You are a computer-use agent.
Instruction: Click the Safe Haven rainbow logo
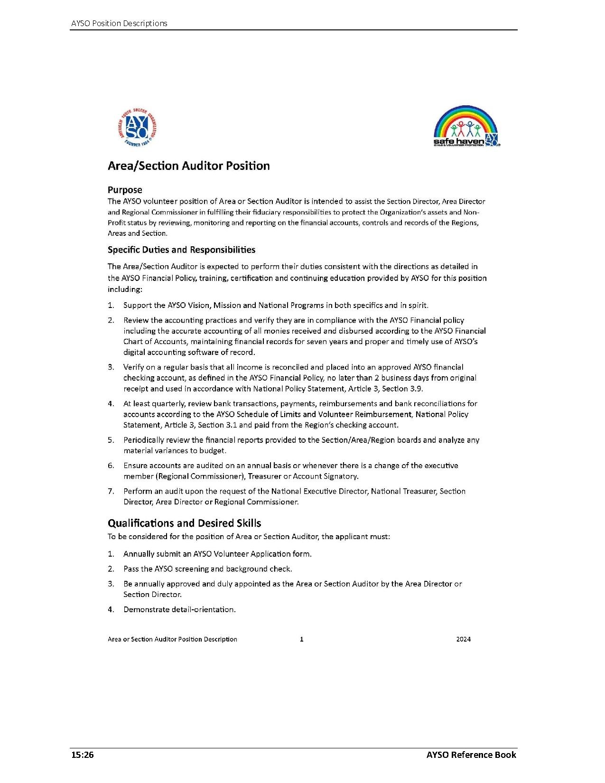point(466,126)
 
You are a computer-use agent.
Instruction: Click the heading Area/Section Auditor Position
point(188,166)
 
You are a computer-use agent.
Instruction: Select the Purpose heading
point(125,190)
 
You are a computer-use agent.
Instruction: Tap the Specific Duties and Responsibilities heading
point(181,250)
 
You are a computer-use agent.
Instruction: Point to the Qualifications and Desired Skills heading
point(184,523)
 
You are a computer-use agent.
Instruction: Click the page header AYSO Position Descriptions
point(119,23)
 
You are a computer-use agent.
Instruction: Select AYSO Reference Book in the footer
point(471,755)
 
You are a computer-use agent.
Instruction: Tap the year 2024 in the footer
point(463,639)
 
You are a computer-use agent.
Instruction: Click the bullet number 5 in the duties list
point(111,440)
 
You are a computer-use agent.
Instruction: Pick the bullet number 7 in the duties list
point(111,491)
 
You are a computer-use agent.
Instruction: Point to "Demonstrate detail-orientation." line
point(179,609)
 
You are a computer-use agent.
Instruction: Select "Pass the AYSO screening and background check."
point(207,569)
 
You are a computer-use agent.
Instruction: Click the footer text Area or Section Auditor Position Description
point(172,639)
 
